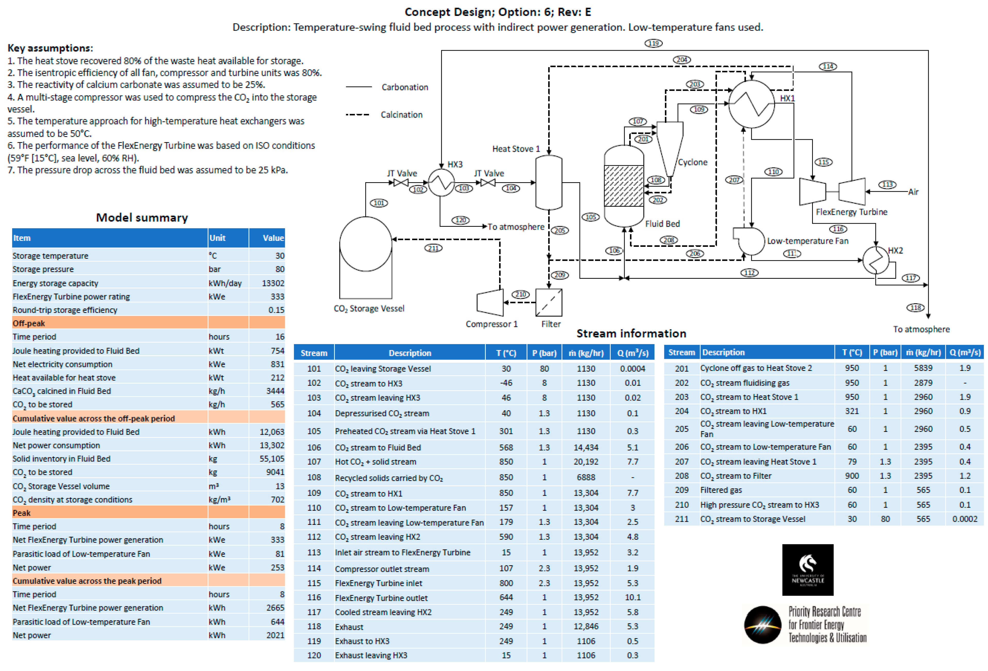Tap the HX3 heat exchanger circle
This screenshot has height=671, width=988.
[x=441, y=183]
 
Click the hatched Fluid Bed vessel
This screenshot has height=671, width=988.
[x=624, y=186]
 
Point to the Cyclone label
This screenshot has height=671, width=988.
[x=693, y=162]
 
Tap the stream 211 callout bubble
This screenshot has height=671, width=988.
[x=433, y=248]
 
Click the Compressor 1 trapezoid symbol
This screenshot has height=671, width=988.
[x=490, y=303]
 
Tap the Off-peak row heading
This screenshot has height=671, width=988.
[x=29, y=323]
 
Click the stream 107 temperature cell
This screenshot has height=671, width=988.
[x=506, y=461]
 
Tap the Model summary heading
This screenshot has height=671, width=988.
[x=142, y=217]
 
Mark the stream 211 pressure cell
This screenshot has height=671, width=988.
[x=885, y=519]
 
